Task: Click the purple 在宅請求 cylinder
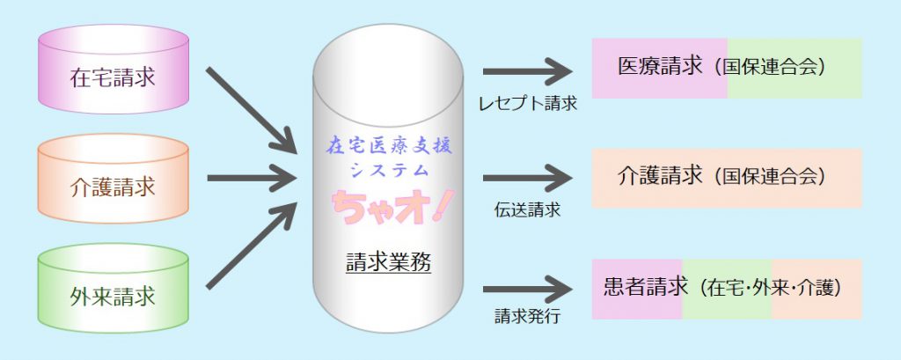[x=114, y=77]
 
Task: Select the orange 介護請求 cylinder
[x=114, y=186]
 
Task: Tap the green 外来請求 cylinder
[x=114, y=295]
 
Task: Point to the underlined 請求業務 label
[x=388, y=261]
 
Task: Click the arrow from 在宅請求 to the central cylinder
[x=251, y=106]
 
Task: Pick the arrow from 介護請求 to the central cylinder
[x=251, y=180]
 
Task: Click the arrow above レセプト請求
[x=527, y=70]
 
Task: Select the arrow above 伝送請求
[x=527, y=178]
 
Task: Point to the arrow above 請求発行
[x=527, y=286]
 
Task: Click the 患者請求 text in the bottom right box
[x=644, y=287]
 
